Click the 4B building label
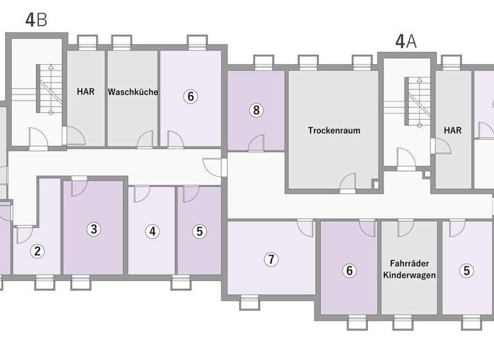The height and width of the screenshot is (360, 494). point(37,19)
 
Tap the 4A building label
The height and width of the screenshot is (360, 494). point(406,42)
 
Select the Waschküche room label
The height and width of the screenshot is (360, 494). point(133,92)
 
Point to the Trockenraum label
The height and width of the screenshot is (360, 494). point(334,130)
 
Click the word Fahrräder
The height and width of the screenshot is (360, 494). point(409,263)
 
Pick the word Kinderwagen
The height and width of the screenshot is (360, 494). point(409,275)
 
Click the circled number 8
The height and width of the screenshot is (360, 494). point(256,110)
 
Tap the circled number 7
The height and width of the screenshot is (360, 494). point(271,260)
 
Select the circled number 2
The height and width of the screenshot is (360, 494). point(38,251)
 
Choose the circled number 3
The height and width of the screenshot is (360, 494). point(93,228)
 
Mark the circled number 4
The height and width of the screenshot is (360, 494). point(152,231)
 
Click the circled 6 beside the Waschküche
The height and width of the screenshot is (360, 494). point(190,96)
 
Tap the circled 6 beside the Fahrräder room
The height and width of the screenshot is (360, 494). point(349,271)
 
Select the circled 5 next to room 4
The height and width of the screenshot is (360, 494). point(199,231)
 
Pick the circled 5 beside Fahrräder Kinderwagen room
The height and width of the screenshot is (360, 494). point(466,271)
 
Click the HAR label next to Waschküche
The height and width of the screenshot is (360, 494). point(86,92)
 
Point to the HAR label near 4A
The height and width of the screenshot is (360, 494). point(453,130)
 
